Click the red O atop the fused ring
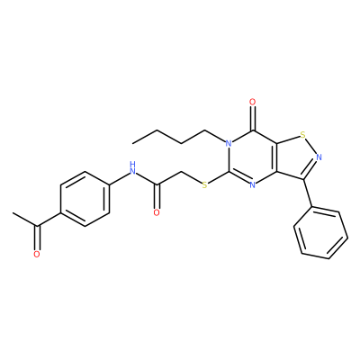coord(253,103)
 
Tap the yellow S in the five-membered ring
coord(303,135)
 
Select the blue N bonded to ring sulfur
coord(319,157)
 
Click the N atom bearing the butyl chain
coord(229,143)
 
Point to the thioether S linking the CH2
coord(204,185)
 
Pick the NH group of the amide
coord(132,168)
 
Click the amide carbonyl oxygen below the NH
coord(157,212)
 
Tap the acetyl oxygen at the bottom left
coord(37,255)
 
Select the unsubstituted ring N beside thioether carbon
coord(253,185)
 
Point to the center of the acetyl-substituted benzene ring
coord(85,199)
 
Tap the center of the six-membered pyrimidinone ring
coord(253,157)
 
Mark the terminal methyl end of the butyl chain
coord(133,144)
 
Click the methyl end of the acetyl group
coord(13,213)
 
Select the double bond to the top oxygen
coord(253,119)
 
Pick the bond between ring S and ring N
coord(311,146)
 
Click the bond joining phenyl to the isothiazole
coord(309,193)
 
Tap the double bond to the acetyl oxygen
coord(37,238)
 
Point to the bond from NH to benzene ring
coord(119,178)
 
